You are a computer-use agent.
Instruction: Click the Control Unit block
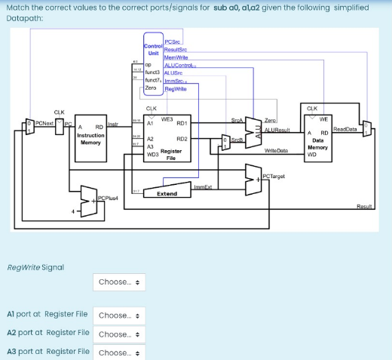153,50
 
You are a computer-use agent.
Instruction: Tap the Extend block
167,193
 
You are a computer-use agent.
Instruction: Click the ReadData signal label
345,129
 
